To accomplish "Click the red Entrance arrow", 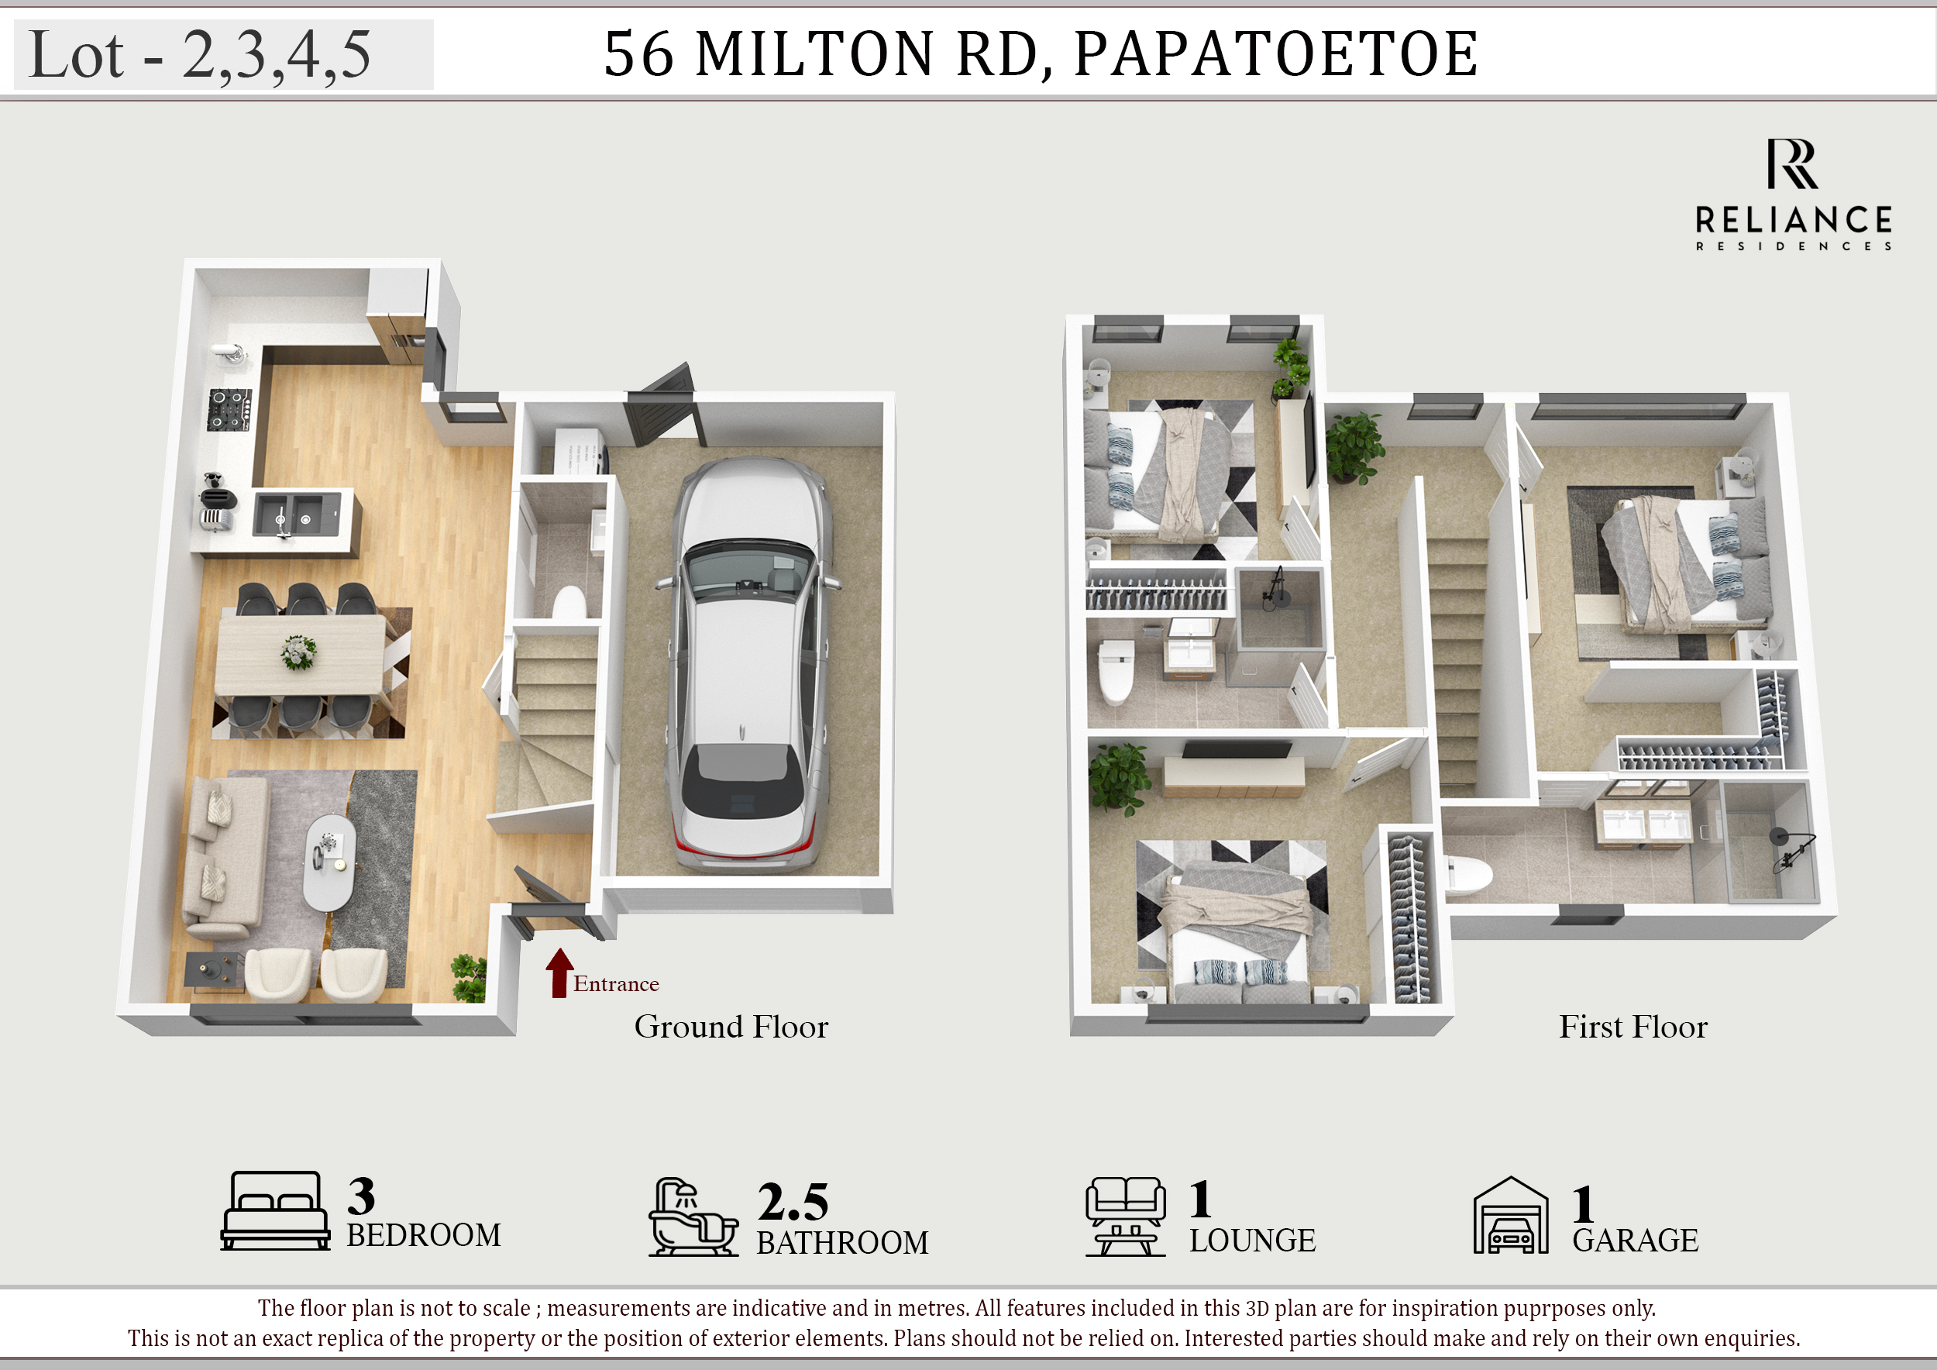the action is click(559, 973).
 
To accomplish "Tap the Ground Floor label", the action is click(731, 1027).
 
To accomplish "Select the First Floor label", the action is click(1633, 1027).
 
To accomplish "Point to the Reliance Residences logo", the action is click(1794, 194).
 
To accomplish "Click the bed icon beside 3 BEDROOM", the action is click(275, 1210).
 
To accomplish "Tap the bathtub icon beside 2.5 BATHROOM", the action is click(693, 1217).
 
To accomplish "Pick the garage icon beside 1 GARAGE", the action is click(1511, 1216).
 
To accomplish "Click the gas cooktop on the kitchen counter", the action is click(229, 409).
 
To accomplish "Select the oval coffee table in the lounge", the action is click(329, 862).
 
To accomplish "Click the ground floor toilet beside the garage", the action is click(569, 603).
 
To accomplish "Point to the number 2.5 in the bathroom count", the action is click(793, 1202).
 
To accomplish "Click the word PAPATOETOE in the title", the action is click(1275, 54).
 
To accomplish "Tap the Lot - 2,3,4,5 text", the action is click(200, 55).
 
